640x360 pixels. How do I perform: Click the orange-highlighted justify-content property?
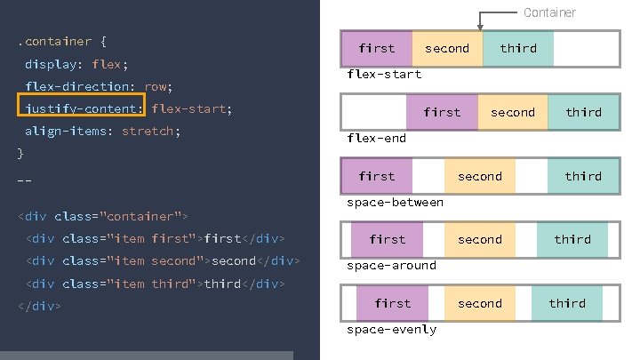click(81, 109)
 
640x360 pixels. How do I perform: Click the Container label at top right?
click(549, 12)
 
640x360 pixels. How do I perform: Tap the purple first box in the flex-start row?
click(377, 49)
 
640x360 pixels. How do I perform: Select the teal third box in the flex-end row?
click(583, 113)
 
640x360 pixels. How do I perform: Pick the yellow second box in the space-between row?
click(480, 176)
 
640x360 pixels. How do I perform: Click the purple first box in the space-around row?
click(387, 239)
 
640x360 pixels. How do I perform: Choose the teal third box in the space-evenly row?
click(567, 303)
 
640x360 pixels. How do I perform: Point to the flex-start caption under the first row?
click(384, 74)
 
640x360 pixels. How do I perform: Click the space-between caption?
click(395, 202)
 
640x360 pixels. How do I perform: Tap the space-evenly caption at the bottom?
click(391, 330)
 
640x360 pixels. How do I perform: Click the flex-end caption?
click(376, 138)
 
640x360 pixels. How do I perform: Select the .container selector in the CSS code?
click(53, 42)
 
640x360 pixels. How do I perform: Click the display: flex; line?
click(76, 65)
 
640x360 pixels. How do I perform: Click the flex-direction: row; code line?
click(98, 87)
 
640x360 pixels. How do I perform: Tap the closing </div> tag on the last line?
click(39, 306)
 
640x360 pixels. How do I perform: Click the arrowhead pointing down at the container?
click(482, 27)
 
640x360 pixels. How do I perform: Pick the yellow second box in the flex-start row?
click(447, 49)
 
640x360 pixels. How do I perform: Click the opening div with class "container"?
click(102, 217)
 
